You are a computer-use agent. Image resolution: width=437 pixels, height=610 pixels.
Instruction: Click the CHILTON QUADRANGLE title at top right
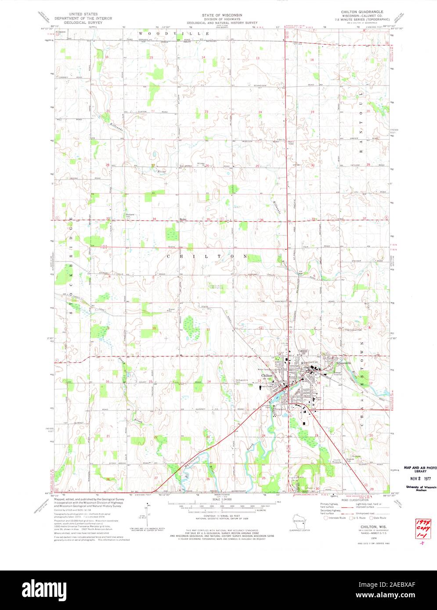pos(365,12)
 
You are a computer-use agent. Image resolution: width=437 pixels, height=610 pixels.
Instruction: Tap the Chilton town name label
pos(267,376)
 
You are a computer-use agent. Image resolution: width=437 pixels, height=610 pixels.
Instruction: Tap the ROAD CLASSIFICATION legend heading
pos(350,499)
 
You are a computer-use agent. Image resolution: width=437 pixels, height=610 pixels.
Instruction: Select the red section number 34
pos(154,219)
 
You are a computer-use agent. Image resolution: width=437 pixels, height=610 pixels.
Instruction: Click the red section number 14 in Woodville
pos(203,57)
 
